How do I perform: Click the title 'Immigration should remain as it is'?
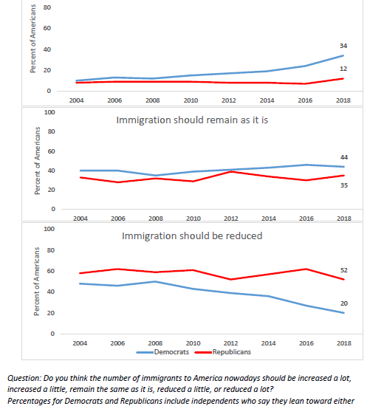point(192,120)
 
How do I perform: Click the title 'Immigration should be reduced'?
point(192,236)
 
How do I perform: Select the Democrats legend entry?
point(162,352)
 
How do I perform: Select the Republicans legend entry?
point(223,352)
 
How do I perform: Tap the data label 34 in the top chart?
point(343,46)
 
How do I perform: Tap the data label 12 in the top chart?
point(343,69)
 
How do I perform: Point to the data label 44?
point(344,157)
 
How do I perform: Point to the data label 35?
point(344,185)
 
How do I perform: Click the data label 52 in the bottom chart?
point(344,270)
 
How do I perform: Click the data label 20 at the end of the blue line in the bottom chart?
point(344,303)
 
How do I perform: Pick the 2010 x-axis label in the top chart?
point(191,100)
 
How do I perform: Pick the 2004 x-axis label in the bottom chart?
point(80,343)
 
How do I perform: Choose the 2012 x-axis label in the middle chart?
point(231,219)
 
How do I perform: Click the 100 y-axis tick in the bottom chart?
point(49,229)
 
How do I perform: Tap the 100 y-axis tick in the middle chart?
point(49,112)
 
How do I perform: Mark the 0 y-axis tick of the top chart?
point(49,91)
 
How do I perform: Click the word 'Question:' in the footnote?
point(24,378)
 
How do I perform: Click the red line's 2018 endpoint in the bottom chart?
point(344,279)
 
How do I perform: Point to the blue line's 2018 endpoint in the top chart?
point(343,55)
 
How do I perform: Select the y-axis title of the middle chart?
point(38,160)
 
